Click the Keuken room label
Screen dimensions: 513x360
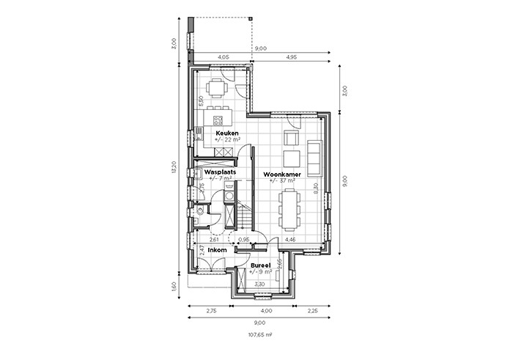click(226, 133)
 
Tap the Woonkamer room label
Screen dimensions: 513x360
click(282, 175)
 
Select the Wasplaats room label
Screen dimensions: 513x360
click(220, 172)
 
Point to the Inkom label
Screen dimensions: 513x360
click(217, 250)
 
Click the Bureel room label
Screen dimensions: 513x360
click(260, 265)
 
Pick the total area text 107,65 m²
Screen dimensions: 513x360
click(260, 335)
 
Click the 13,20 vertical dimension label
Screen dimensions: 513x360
click(174, 167)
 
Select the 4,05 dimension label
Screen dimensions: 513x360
click(223, 57)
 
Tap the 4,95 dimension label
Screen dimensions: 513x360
click(291, 57)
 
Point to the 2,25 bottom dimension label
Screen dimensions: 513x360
click(312, 311)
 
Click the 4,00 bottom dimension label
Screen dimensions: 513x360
click(266, 311)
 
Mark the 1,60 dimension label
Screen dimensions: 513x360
click(174, 287)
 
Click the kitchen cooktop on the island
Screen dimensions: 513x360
click(218, 120)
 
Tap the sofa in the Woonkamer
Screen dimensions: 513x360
click(314, 158)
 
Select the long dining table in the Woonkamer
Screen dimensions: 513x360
click(289, 210)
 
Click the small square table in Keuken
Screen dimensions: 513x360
click(217, 88)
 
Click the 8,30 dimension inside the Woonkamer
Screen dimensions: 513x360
click(316, 188)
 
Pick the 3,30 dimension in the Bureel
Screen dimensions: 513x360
click(259, 284)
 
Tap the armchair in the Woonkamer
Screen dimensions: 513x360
click(291, 138)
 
